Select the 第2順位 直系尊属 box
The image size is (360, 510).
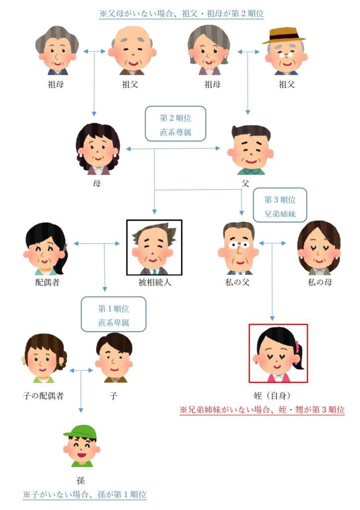(x=175, y=124)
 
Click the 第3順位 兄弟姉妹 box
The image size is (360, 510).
(x=280, y=205)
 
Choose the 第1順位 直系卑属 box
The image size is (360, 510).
(x=114, y=314)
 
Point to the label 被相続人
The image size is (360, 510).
(x=154, y=282)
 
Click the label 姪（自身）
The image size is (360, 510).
(x=272, y=395)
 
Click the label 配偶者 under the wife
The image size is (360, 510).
(x=47, y=282)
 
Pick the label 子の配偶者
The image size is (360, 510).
(x=43, y=396)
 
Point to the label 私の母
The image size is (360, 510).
(x=320, y=282)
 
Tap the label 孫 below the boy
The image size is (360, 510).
(x=80, y=481)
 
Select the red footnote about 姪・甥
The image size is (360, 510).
(x=262, y=410)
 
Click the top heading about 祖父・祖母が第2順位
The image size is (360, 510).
(x=181, y=13)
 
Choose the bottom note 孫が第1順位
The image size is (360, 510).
(x=85, y=495)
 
